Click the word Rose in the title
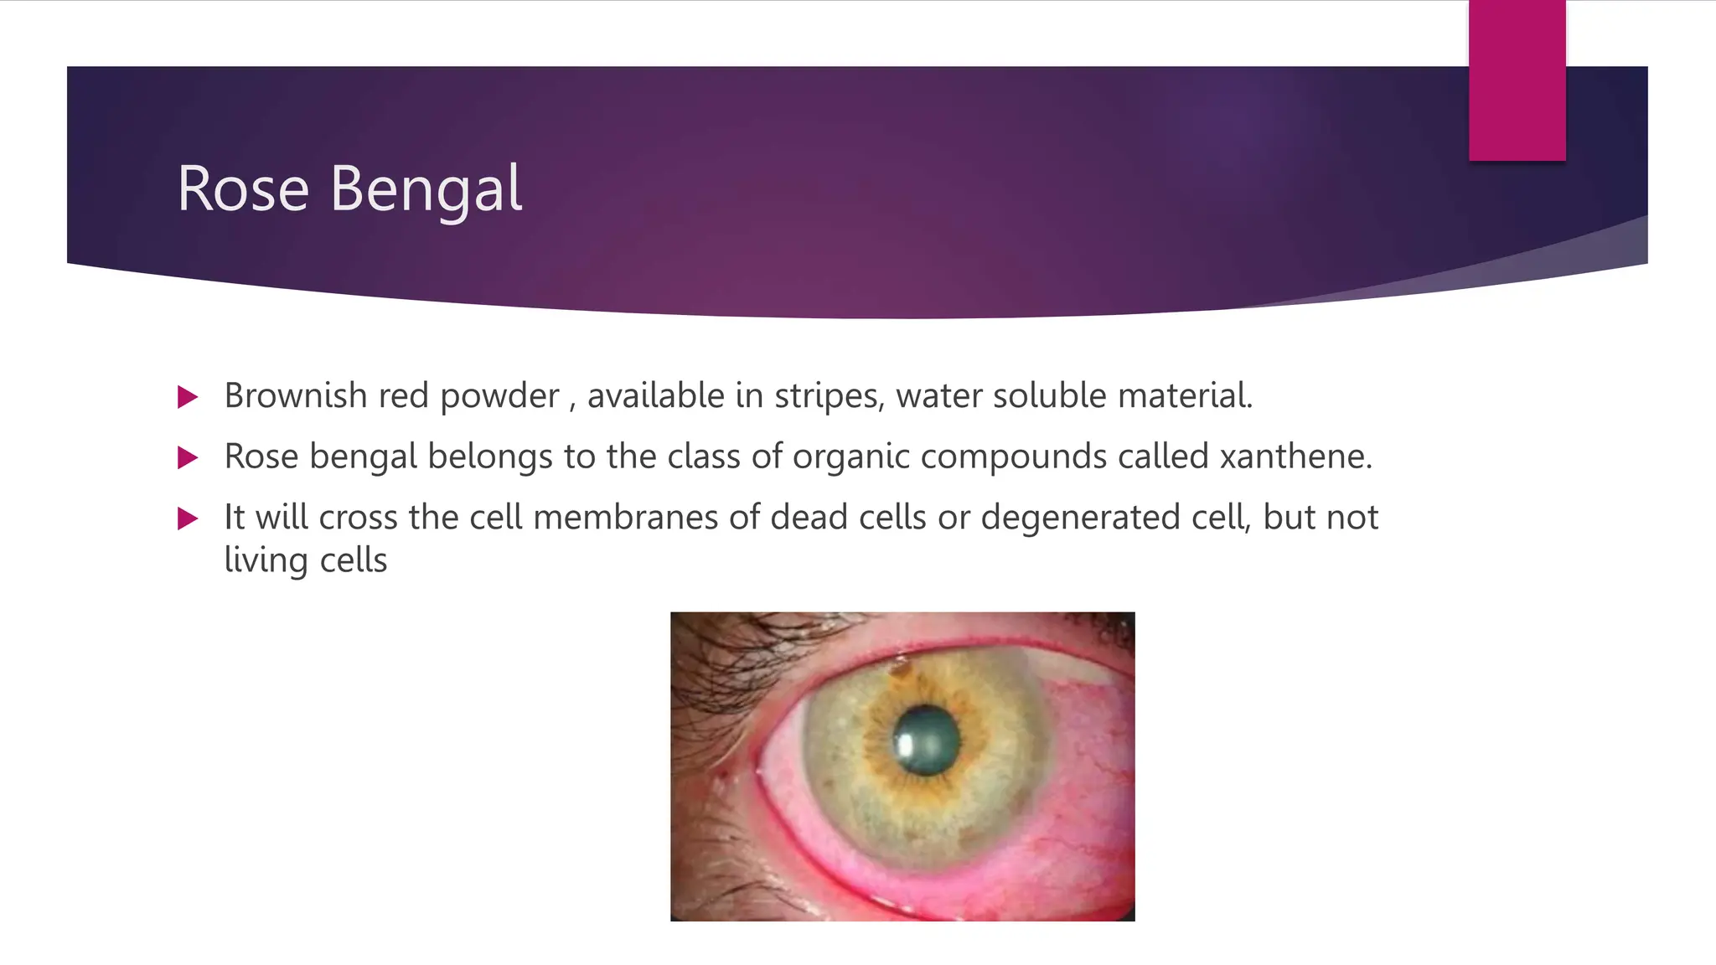point(243,189)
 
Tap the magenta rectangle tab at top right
point(1517,80)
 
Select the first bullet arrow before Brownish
point(188,397)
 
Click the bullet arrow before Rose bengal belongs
point(188,457)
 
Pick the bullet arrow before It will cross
point(188,519)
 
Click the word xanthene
point(1295,457)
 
